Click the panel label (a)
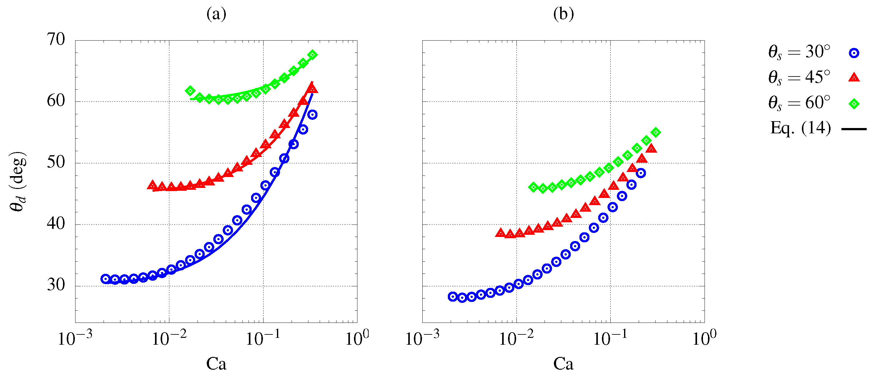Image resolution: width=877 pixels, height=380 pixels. pos(216,14)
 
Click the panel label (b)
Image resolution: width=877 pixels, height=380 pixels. pos(564,14)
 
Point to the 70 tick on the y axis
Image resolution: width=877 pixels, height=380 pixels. pos(56,40)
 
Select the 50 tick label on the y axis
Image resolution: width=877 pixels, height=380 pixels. pos(56,162)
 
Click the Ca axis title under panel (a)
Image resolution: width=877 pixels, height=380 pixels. pos(216,364)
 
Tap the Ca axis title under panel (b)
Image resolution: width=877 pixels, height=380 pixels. pos(563,364)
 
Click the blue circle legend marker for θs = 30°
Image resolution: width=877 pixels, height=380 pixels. pos(854,53)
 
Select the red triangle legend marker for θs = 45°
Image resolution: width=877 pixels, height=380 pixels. pos(854,78)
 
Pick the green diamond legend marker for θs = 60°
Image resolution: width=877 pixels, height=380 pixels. pos(854,104)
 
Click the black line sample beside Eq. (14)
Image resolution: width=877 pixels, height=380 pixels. pos(854,129)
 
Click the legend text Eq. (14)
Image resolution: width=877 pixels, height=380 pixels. pos(800,128)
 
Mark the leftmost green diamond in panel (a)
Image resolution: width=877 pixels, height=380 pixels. pos(190,91)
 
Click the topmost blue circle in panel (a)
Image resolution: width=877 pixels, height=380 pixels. pos(313,115)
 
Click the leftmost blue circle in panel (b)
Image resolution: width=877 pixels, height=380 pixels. pos(453,297)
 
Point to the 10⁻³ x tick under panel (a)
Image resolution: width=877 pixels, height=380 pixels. pos(75,339)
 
